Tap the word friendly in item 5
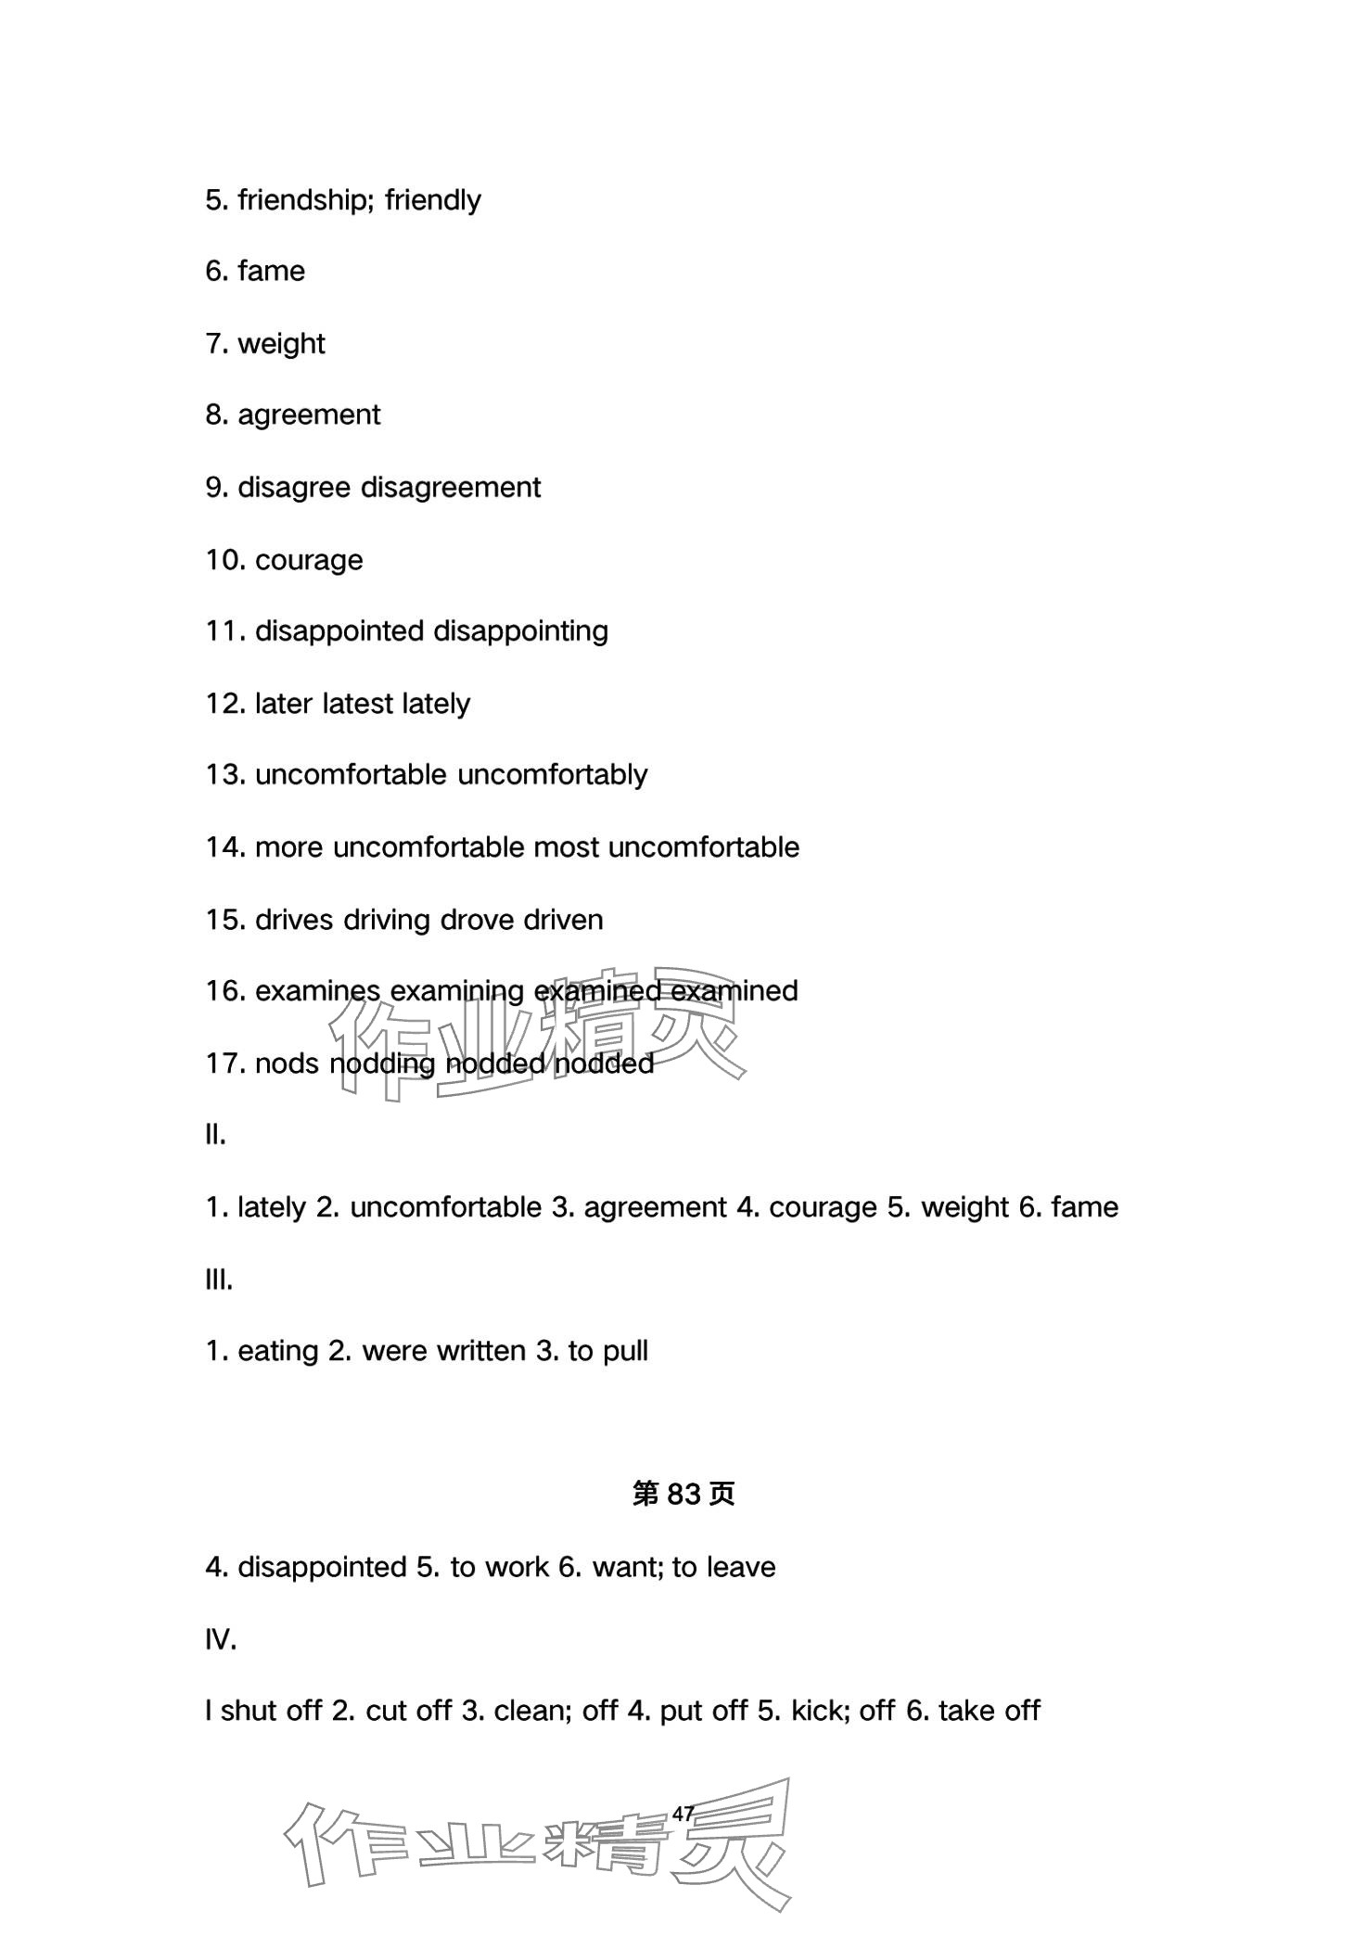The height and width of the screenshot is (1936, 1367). pyautogui.click(x=433, y=200)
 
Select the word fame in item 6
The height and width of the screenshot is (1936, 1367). pyautogui.click(x=271, y=271)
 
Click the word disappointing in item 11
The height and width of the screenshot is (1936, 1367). pyautogui.click(x=520, y=631)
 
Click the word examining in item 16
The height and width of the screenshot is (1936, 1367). pyautogui.click(x=457, y=991)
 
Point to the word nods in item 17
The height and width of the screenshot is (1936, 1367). pyautogui.click(x=287, y=1064)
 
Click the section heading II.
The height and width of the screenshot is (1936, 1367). pyautogui.click(x=215, y=1135)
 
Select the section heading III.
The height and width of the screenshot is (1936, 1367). pyautogui.click(x=219, y=1280)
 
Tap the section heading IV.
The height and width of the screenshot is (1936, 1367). pyautogui.click(x=221, y=1640)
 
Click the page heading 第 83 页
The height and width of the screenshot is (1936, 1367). pyautogui.click(x=683, y=1494)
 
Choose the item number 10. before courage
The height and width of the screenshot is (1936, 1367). pyautogui.click(x=225, y=560)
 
